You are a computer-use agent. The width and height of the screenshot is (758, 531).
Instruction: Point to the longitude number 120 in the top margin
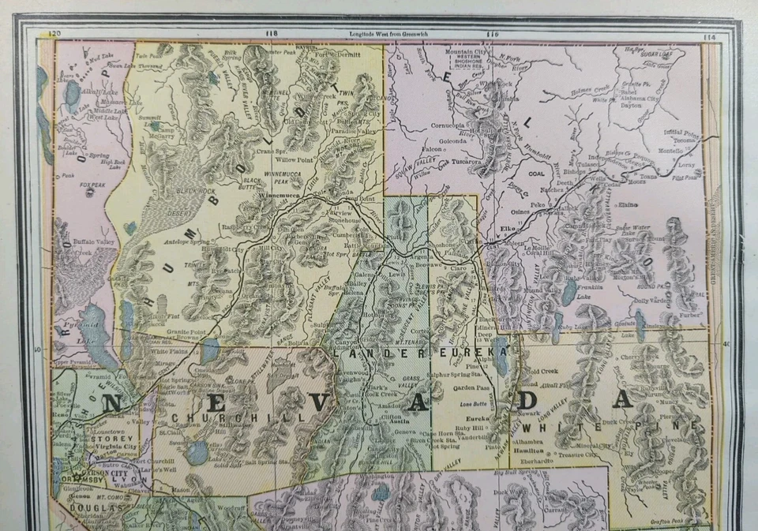[54, 34]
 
